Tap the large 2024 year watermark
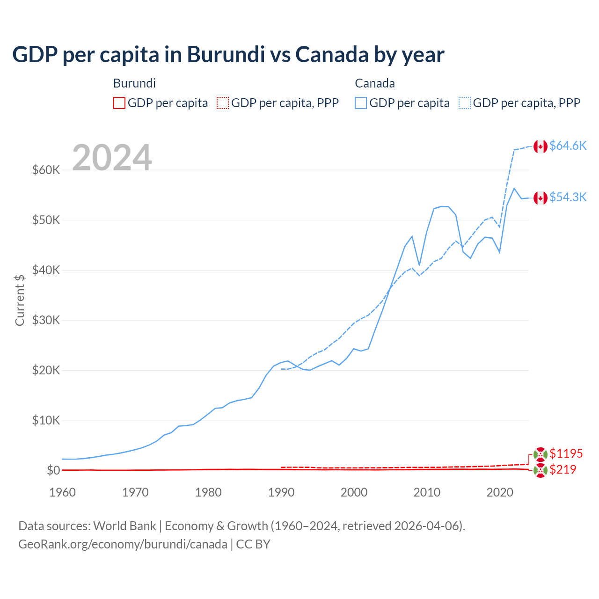(x=112, y=158)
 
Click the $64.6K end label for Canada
(x=568, y=146)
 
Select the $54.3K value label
(x=568, y=197)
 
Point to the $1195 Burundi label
(x=566, y=453)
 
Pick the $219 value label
(x=562, y=469)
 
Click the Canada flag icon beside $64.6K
(x=541, y=146)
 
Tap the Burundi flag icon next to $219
(x=541, y=470)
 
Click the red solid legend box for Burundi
(x=119, y=103)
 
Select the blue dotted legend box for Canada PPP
(x=465, y=103)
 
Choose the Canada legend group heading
(x=375, y=83)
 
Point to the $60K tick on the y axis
(x=46, y=170)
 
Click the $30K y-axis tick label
(x=46, y=320)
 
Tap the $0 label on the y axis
(x=53, y=470)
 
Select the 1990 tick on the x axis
(x=281, y=492)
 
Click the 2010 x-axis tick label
(x=427, y=492)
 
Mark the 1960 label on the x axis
(x=62, y=492)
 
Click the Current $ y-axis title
(x=20, y=300)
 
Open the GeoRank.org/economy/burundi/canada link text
(x=123, y=544)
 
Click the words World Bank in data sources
(x=124, y=526)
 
